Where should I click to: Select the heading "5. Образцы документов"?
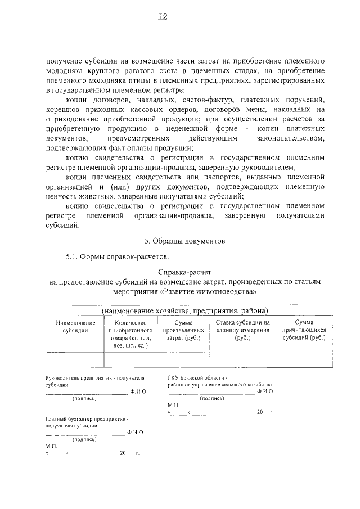coord(184,242)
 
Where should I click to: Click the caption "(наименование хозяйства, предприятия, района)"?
coord(184,310)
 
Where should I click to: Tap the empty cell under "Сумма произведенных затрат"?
coord(180,359)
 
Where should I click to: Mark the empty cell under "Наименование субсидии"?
coord(75,359)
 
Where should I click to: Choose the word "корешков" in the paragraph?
coord(61,110)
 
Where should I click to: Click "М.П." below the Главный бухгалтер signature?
coord(51,445)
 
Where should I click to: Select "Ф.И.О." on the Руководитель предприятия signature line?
coord(138,391)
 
